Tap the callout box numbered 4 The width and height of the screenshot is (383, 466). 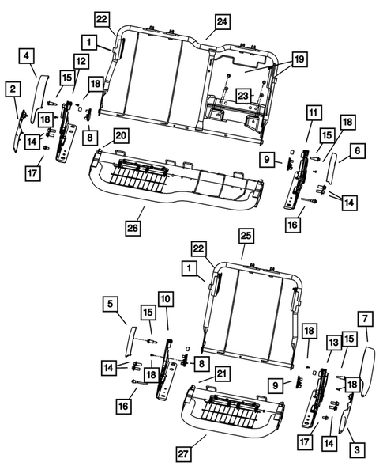click(x=27, y=55)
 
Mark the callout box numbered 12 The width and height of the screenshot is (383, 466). click(x=81, y=62)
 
